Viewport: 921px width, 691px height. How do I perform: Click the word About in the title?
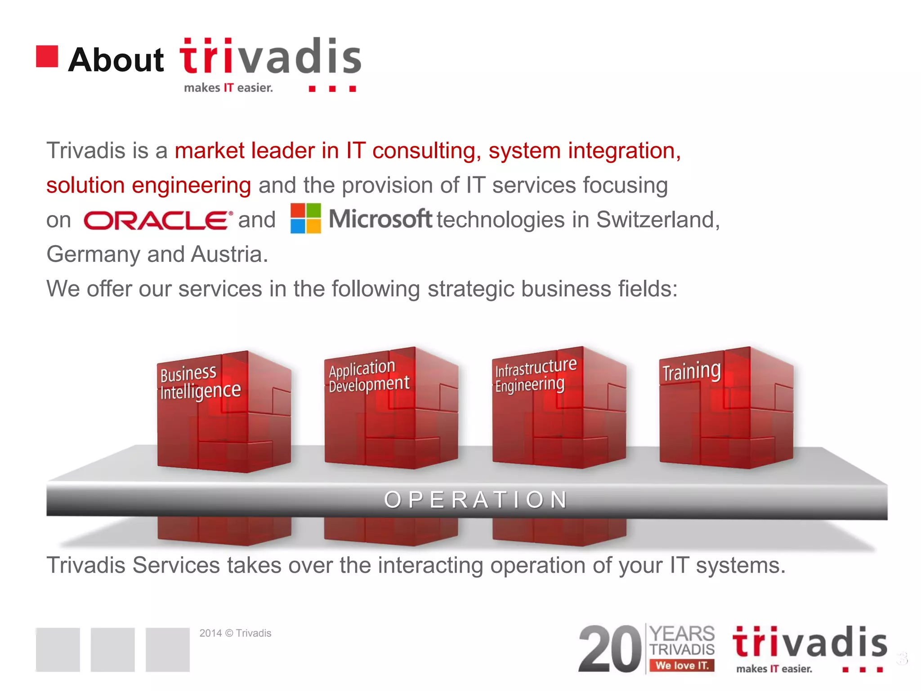click(x=116, y=60)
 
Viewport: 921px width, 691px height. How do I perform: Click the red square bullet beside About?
click(x=47, y=57)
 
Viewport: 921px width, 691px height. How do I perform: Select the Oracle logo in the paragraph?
click(x=157, y=220)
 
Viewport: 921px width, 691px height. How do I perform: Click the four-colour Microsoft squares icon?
click(x=306, y=218)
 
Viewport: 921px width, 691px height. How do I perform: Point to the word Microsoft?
click(x=380, y=219)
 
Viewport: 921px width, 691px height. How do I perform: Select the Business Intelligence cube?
click(x=224, y=412)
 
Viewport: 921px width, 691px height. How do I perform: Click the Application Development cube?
click(x=390, y=408)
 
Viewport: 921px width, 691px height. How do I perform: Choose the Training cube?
click(x=725, y=408)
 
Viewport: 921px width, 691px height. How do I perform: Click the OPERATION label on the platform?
click(x=476, y=500)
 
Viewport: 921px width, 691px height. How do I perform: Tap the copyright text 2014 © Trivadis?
click(x=235, y=633)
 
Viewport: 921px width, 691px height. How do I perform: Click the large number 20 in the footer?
click(x=609, y=649)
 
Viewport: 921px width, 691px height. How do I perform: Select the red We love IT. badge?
click(x=681, y=665)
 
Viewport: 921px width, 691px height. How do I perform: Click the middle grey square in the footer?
click(x=112, y=649)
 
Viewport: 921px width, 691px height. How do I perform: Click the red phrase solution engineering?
click(x=148, y=185)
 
